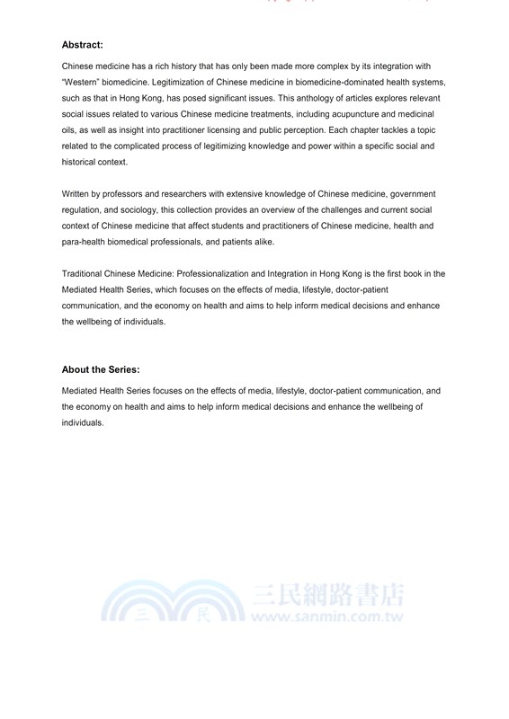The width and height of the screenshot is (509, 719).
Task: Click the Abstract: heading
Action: pos(84,44)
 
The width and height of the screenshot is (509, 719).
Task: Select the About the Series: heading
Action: pos(101,369)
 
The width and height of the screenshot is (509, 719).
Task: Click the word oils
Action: pos(69,131)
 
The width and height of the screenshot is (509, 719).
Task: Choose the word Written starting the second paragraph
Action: pos(77,195)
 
